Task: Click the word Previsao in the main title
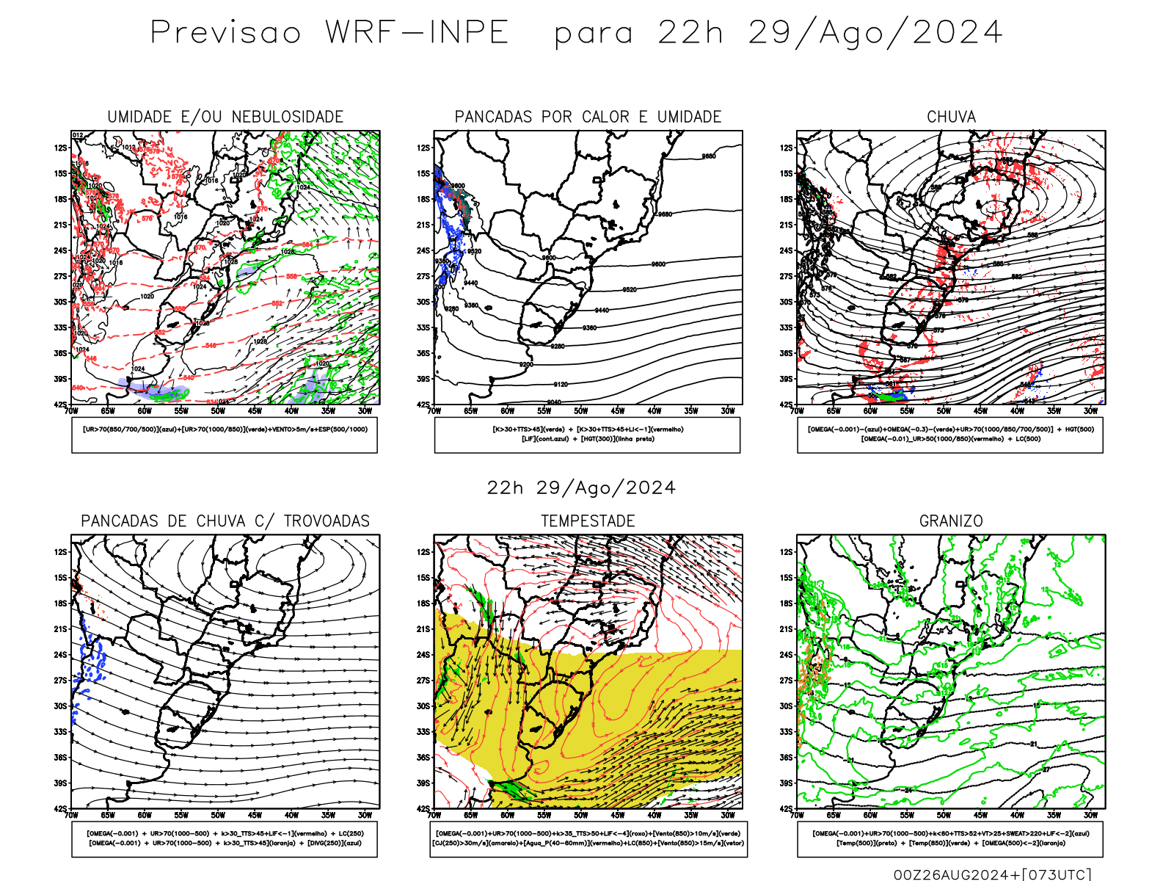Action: (x=226, y=33)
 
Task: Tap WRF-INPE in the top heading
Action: (x=417, y=33)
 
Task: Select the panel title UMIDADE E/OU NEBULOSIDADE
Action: (x=225, y=117)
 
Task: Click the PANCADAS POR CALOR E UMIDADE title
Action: (x=588, y=117)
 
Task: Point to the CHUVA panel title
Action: (x=951, y=117)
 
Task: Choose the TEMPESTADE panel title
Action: (x=588, y=521)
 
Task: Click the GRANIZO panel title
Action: (x=951, y=521)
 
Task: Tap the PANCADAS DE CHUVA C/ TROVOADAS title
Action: (x=225, y=521)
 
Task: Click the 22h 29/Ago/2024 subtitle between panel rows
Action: (x=581, y=488)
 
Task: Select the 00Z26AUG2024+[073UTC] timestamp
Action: (x=992, y=874)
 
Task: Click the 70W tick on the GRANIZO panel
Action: (x=798, y=815)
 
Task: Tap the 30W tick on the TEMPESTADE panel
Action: (x=728, y=815)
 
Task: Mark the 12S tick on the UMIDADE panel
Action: (x=60, y=148)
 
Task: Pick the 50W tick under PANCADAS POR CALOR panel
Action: (x=581, y=411)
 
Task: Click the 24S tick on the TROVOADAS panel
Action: (x=60, y=655)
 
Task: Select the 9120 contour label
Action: (x=561, y=385)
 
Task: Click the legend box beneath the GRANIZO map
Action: (x=950, y=838)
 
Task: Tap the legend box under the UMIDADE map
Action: (x=225, y=435)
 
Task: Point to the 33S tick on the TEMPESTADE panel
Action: (x=423, y=732)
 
